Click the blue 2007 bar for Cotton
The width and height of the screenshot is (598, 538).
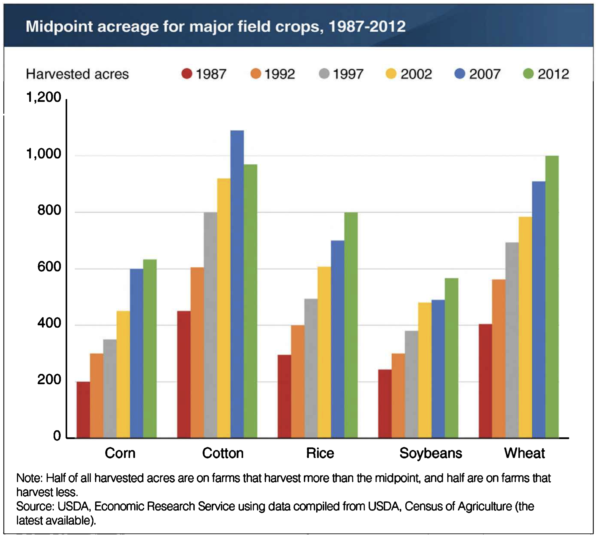[x=237, y=284]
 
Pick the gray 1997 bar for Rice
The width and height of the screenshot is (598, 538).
[x=311, y=368]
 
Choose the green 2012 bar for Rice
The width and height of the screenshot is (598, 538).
[x=351, y=325]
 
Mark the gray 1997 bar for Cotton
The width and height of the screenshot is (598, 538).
[x=210, y=325]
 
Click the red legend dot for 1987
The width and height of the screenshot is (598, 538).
[x=187, y=74]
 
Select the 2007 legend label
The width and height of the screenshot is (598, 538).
[x=485, y=74]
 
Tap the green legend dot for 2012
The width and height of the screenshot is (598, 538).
[x=528, y=74]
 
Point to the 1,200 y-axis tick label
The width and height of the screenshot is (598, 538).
[x=44, y=97]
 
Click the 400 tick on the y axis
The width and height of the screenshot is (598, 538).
[x=49, y=323]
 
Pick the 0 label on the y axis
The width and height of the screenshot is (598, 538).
[x=57, y=436]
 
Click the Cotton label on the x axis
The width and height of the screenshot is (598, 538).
[x=223, y=453]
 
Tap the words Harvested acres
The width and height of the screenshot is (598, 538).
[x=77, y=74]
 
